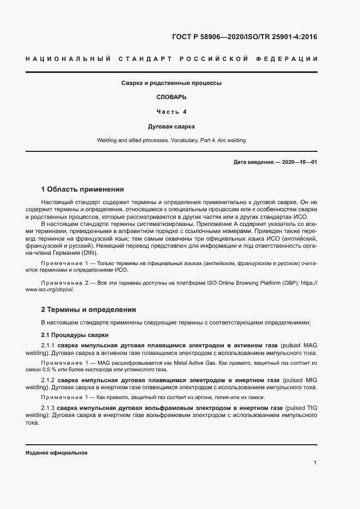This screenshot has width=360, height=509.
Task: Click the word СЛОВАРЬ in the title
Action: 171,97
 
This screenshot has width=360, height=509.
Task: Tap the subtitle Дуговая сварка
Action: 171,126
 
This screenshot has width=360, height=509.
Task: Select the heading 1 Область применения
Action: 83,189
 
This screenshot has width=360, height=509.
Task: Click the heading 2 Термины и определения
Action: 88,309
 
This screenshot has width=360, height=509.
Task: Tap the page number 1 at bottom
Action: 315,462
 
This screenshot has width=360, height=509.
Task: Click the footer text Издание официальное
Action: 57,453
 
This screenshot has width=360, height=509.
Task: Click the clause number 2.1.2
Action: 48,379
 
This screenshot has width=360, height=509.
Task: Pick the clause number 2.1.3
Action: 48,407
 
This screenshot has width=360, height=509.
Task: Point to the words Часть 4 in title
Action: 171,112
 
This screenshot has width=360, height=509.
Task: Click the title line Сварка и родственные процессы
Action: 171,83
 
